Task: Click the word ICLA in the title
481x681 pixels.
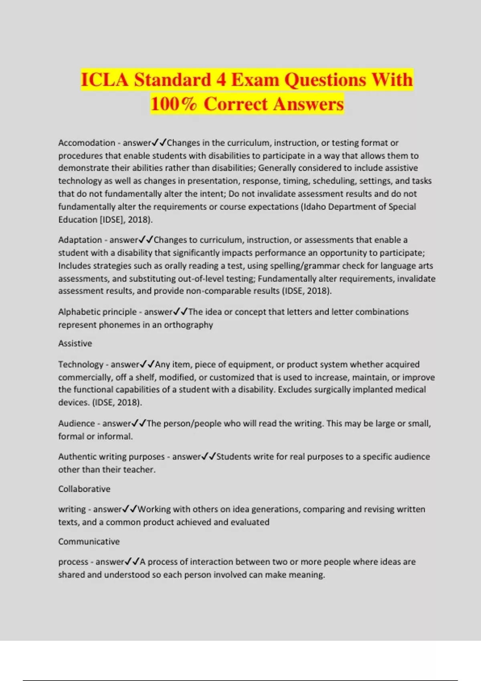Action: [105, 79]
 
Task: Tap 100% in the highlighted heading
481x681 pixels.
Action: [174, 104]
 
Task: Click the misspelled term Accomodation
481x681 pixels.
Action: [87, 143]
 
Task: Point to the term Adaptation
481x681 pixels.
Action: [80, 240]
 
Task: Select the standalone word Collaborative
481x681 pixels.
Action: [84, 489]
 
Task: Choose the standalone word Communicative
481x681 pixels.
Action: [89, 542]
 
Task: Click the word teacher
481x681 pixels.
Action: [138, 469]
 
